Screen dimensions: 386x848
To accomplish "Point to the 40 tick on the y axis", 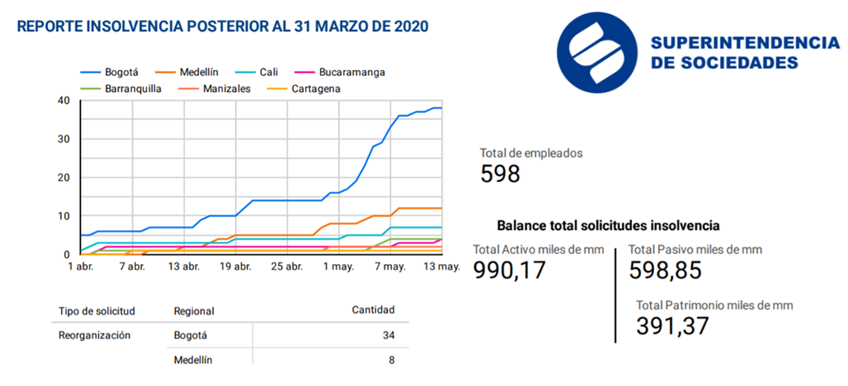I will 63,100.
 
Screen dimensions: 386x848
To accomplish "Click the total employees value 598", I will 500,174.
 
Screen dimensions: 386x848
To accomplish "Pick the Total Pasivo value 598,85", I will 665,271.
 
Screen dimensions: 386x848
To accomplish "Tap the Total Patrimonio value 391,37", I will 671,325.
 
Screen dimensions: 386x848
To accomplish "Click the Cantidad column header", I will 373,310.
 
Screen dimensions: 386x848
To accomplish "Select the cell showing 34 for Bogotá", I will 388,335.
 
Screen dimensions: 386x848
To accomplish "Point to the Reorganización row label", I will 93,335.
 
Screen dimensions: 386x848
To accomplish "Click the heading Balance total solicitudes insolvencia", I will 608,225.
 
